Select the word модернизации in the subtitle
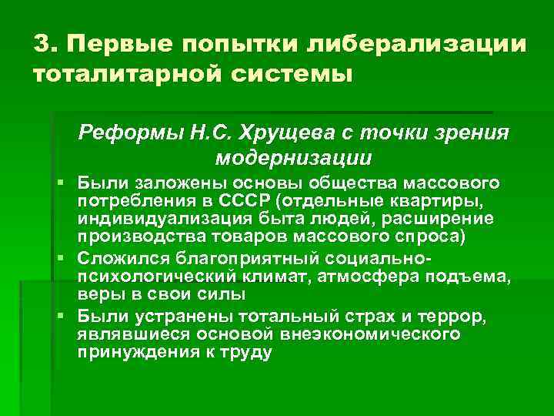click(x=294, y=158)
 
